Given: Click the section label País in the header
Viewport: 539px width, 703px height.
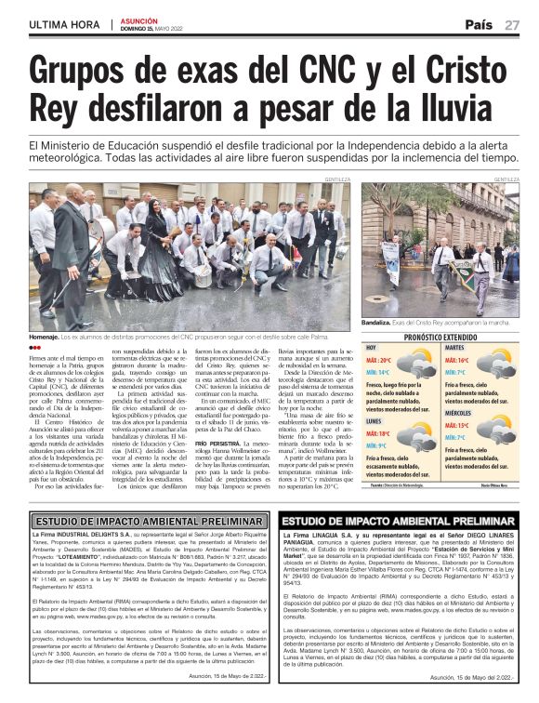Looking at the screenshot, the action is (479, 24).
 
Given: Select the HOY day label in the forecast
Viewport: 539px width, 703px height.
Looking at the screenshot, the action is (372, 348).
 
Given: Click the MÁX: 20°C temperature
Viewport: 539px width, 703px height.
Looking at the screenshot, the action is (379, 359).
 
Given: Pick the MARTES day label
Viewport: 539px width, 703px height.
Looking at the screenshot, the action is (456, 348).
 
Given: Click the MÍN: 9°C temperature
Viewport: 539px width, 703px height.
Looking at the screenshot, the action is (376, 445).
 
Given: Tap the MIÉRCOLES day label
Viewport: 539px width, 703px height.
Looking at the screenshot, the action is (463, 411).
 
